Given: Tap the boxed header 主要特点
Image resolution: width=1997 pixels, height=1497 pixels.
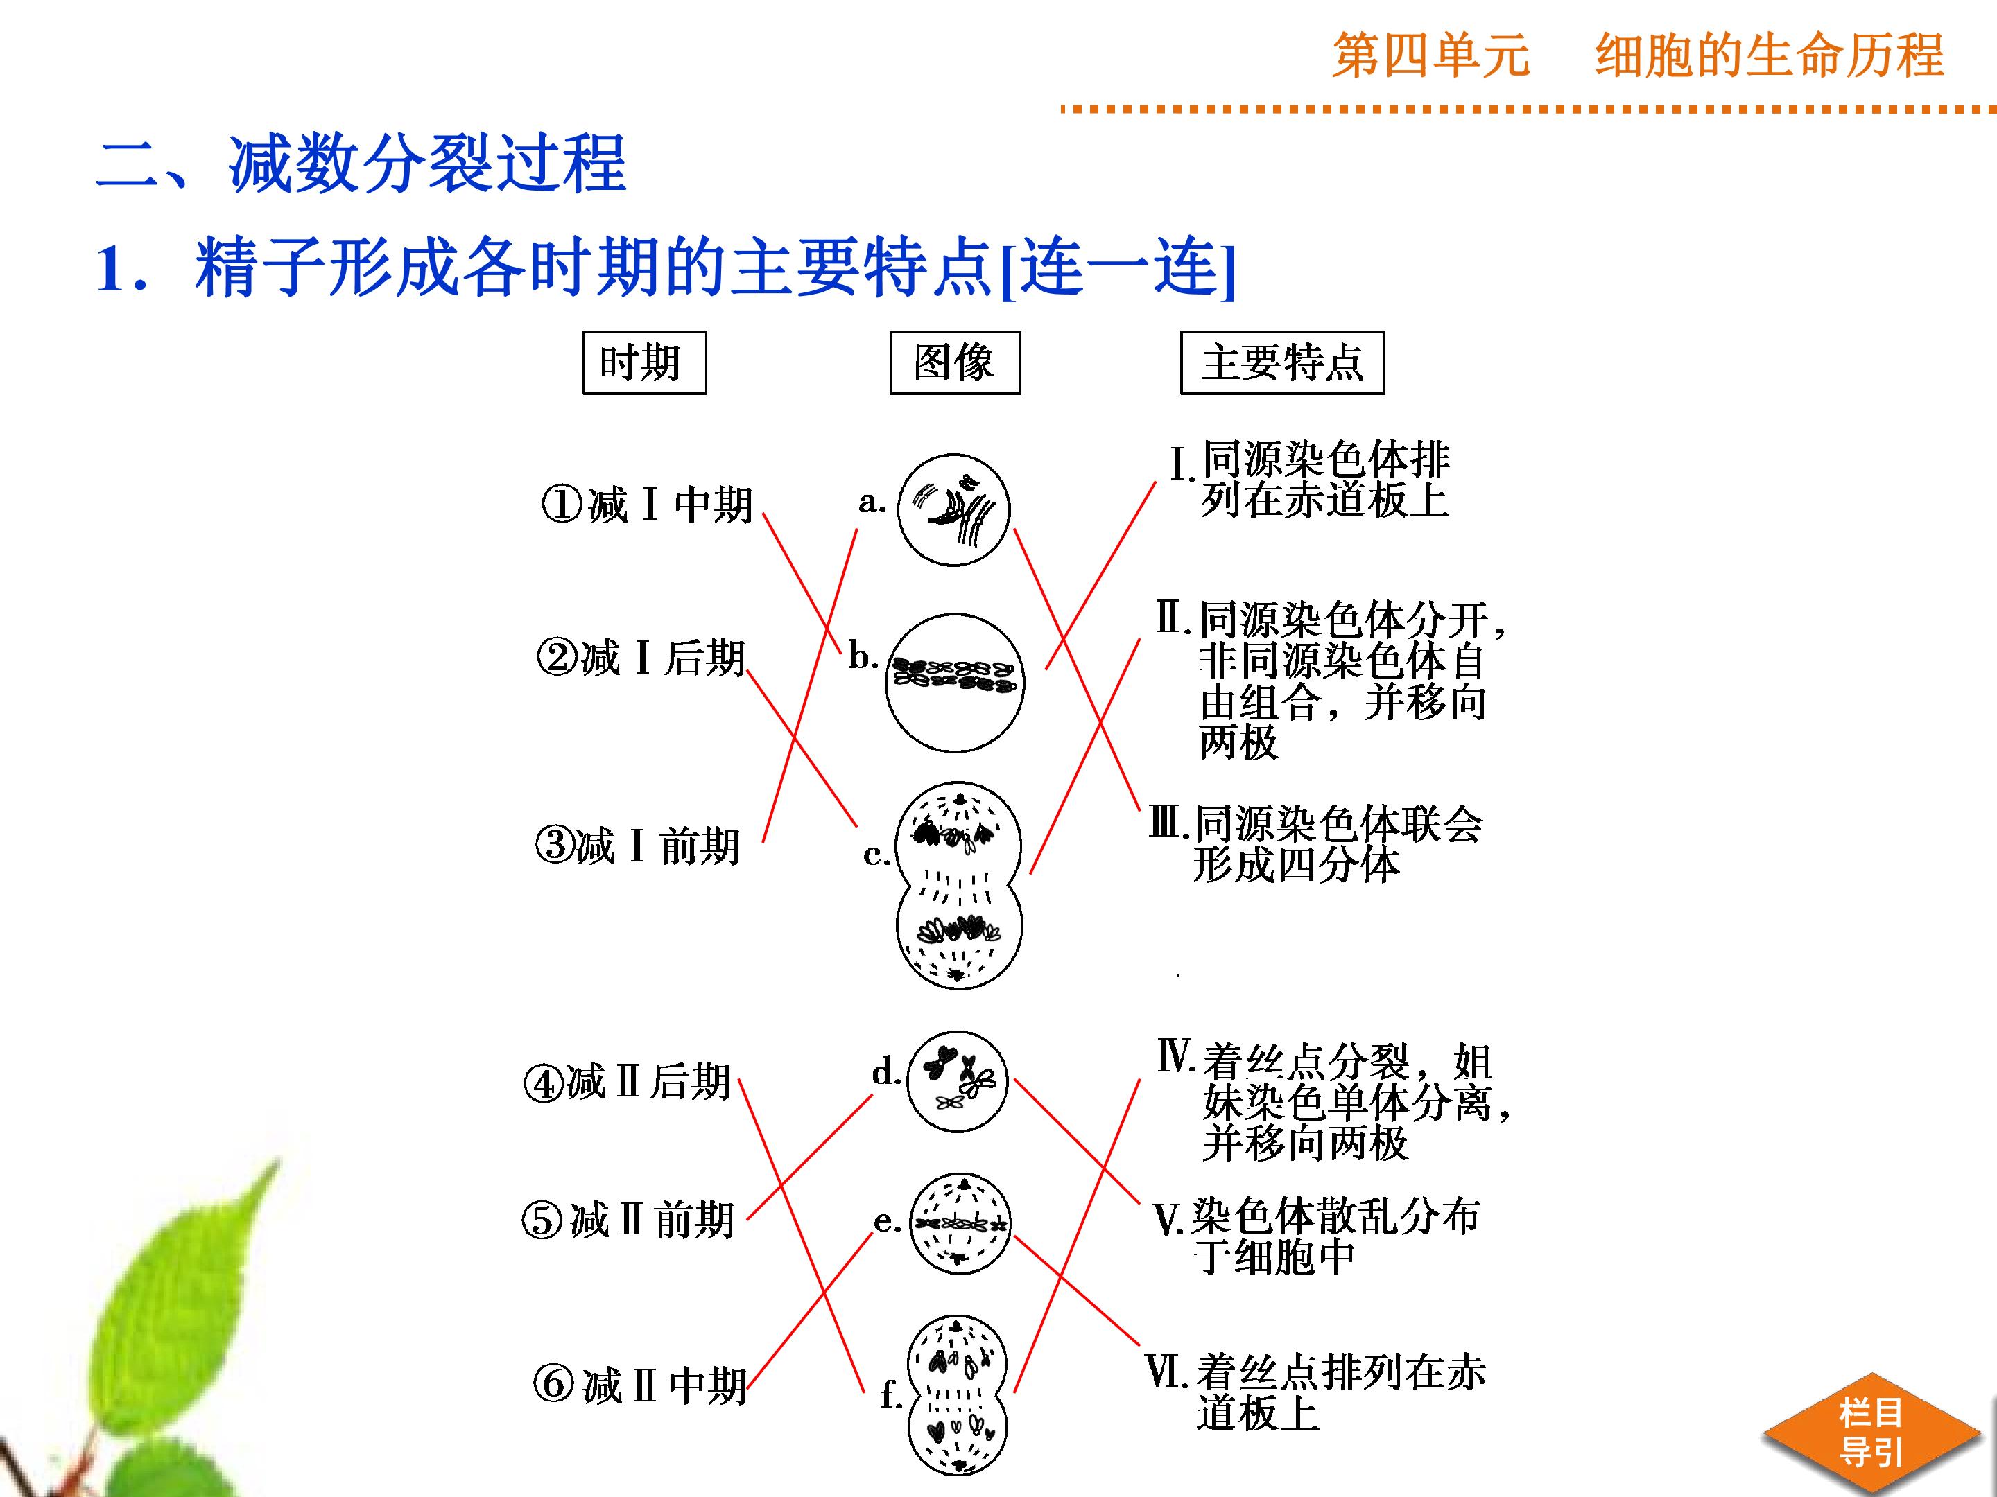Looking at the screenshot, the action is pos(1282,362).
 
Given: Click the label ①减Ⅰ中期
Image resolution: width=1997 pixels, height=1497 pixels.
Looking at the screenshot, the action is pos(646,505).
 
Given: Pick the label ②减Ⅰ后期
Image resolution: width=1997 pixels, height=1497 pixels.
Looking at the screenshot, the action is pos(641,658).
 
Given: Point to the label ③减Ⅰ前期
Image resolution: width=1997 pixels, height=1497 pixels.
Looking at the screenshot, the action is pos(637,846).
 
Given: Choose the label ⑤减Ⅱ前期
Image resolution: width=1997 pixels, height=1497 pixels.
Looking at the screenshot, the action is pos(628,1220).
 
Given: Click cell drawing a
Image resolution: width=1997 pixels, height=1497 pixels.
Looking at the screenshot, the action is pos(953,510).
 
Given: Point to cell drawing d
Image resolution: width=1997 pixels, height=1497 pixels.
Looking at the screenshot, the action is pos(957,1080).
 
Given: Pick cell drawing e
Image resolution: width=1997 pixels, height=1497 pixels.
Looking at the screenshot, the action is pos(959,1223).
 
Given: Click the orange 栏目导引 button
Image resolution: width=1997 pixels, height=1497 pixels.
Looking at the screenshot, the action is pos(1871,1432).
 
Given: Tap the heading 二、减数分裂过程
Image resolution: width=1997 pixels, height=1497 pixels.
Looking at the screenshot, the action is pos(361,165).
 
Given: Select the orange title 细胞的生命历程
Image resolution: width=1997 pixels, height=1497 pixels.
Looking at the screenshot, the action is pos(1770,55).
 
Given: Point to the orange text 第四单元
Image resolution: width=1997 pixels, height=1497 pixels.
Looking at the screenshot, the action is pos(1431,55).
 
